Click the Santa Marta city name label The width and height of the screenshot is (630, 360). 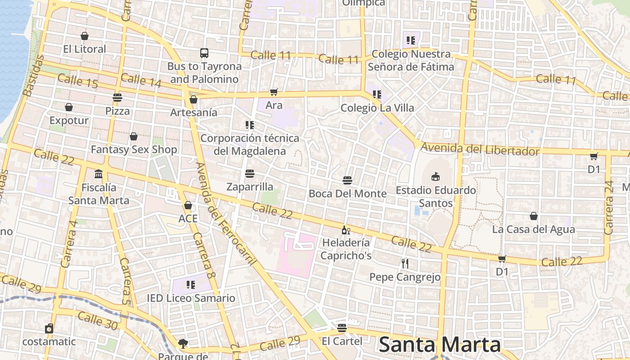tap(440, 345)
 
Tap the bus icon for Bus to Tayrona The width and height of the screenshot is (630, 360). tap(204, 53)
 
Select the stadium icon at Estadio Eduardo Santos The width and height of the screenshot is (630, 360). tap(435, 176)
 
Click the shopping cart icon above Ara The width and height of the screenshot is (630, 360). tap(274, 92)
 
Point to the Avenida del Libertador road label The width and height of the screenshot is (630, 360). tap(480, 149)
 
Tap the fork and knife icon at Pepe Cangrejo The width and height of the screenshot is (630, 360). tap(405, 264)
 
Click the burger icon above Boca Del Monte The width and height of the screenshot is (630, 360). tap(347, 180)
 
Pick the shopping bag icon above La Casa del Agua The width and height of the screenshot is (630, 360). tap(534, 216)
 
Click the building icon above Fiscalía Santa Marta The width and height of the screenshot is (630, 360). tap(99, 174)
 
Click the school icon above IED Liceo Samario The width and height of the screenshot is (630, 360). tap(191, 285)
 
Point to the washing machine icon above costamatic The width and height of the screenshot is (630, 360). tap(49, 329)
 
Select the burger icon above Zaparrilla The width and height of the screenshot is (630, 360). tap(250, 173)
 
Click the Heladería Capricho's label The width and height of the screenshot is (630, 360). tap(346, 249)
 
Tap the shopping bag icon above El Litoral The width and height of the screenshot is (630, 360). tap(85, 36)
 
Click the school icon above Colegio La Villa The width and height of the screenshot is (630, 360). tap(377, 94)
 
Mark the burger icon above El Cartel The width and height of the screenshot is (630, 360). tap(342, 328)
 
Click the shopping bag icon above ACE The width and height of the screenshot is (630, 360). tap(188, 206)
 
